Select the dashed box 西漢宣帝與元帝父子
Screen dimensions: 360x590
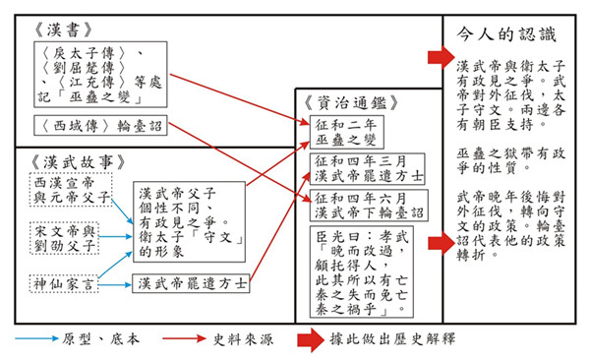tap(70, 192)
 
